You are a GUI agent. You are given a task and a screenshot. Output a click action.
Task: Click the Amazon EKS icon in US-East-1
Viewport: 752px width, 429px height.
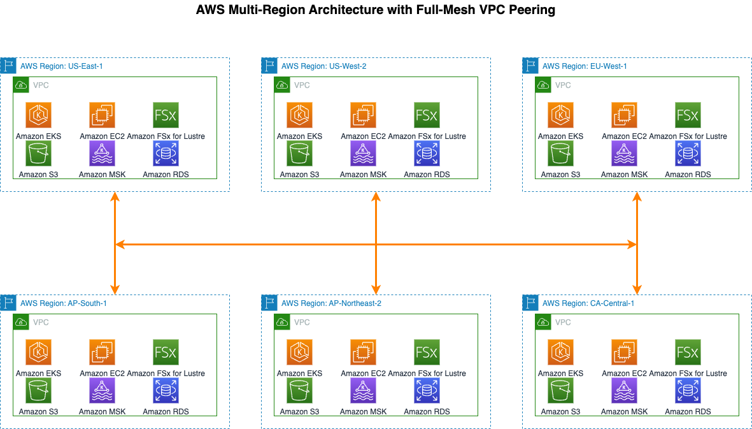pos(38,115)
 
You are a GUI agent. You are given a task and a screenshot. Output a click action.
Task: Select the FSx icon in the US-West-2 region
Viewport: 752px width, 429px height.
pos(427,115)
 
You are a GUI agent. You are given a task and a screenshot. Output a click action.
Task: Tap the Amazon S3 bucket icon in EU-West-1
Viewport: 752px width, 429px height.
pos(560,154)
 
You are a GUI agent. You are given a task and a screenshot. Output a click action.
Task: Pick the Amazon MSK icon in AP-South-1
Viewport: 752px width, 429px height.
pos(102,391)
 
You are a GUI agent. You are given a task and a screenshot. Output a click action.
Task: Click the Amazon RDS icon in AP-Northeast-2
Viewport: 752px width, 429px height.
pos(427,391)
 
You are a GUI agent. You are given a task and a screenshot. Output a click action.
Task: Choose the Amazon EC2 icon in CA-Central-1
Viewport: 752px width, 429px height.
pos(624,353)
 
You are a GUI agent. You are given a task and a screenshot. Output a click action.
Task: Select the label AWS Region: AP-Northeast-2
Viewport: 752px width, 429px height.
pos(331,303)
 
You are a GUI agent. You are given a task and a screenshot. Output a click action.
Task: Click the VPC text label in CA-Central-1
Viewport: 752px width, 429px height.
pos(563,323)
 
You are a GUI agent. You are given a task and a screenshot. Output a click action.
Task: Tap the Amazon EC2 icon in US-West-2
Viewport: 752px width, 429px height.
pos(363,115)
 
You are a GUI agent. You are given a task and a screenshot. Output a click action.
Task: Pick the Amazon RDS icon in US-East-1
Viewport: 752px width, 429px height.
pos(166,154)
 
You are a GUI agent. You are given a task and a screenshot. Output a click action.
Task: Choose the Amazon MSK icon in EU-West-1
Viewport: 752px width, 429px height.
pos(624,154)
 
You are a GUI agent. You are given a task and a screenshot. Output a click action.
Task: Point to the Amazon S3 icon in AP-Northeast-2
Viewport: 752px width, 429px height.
pos(299,391)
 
